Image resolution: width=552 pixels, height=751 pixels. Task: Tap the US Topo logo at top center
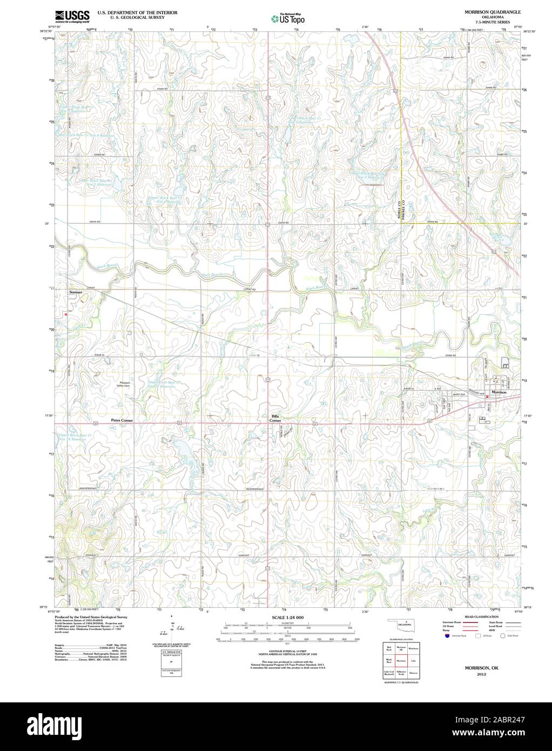coord(288,18)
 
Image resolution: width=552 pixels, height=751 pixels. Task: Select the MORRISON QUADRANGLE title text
coord(485,11)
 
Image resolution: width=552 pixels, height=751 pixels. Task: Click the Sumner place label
coord(76,292)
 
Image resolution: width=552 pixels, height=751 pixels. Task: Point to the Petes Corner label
coord(122,420)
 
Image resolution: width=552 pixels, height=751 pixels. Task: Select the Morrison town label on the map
coord(497,392)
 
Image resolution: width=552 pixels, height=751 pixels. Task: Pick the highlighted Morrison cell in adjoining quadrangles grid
coord(401,661)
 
